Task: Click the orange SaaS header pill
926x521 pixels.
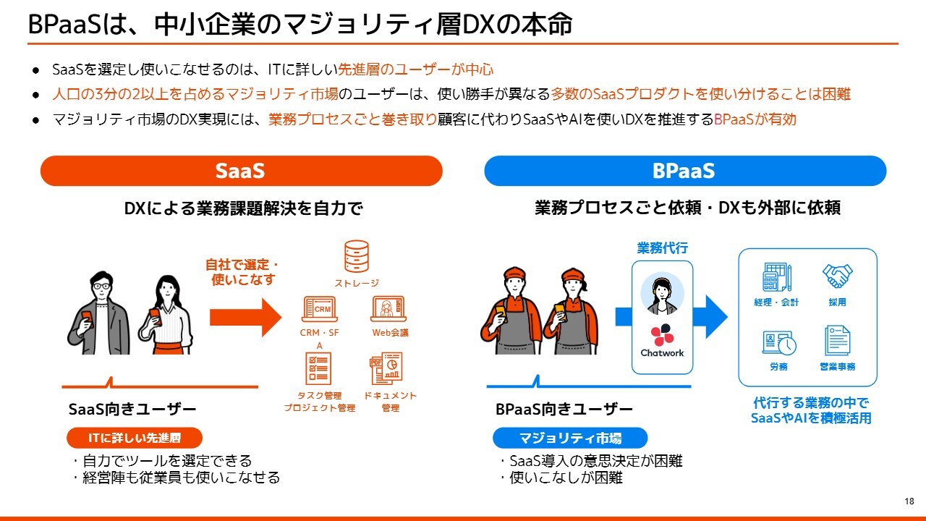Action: click(x=242, y=171)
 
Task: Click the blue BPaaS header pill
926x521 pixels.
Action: click(x=685, y=171)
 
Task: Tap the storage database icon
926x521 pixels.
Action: click(x=357, y=256)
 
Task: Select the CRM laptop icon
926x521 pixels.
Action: click(x=320, y=309)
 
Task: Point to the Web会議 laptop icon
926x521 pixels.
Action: click(x=388, y=309)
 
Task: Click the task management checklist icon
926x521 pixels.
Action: click(x=318, y=368)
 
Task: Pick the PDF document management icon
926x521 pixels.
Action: click(x=386, y=368)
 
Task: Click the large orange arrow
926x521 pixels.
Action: click(x=245, y=317)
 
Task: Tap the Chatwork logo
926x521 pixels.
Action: click(x=662, y=341)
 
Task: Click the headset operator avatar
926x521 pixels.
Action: click(x=662, y=294)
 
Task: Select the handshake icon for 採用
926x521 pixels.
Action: click(x=837, y=276)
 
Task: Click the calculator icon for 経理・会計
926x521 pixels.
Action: click(x=777, y=277)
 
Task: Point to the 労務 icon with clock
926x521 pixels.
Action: click(x=779, y=343)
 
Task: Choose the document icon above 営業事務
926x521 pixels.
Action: click(x=838, y=340)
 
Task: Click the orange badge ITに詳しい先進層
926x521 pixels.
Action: click(x=135, y=438)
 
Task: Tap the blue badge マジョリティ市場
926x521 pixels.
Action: click(x=570, y=438)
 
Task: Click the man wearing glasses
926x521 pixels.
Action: click(x=99, y=313)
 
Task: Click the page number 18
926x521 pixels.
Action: click(x=909, y=501)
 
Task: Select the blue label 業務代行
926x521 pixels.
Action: click(x=662, y=248)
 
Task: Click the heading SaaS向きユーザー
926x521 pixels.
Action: click(x=132, y=410)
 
